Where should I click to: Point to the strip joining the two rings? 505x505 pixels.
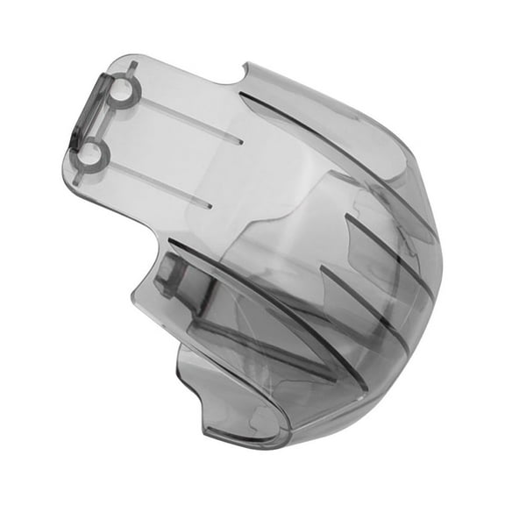point(106,125)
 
